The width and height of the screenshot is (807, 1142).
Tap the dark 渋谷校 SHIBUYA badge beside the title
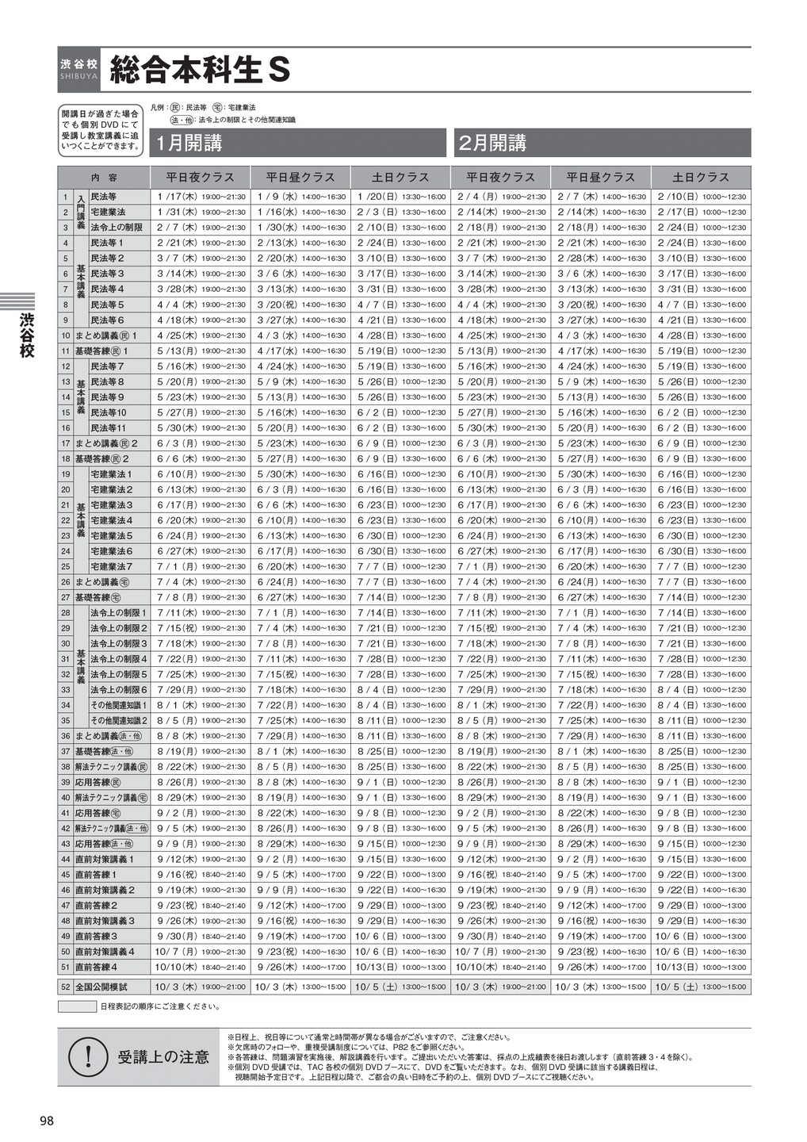[x=79, y=70]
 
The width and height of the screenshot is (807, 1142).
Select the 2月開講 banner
[x=601, y=143]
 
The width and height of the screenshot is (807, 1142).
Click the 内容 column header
[x=104, y=178]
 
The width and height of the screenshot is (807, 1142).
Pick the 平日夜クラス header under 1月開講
[x=200, y=178]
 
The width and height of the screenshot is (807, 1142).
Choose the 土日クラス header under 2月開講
[x=701, y=178]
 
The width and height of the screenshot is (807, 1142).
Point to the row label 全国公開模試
[x=101, y=987]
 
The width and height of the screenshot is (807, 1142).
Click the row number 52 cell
[x=65, y=987]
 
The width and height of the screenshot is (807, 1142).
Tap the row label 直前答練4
[x=97, y=967]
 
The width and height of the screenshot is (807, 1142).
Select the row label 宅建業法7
[x=112, y=566]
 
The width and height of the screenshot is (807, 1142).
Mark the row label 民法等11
[x=109, y=427]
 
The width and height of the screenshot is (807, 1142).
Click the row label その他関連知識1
[x=118, y=705]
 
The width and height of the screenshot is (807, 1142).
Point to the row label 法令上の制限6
[x=118, y=690]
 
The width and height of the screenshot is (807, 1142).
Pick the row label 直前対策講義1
[x=105, y=859]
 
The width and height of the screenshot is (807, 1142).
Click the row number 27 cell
[x=65, y=597]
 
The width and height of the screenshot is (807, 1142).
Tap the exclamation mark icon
[x=89, y=1056]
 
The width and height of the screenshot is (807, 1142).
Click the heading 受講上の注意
[x=163, y=1057]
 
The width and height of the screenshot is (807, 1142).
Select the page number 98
[x=47, y=1121]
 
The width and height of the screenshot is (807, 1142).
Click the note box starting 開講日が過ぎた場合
[x=100, y=130]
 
